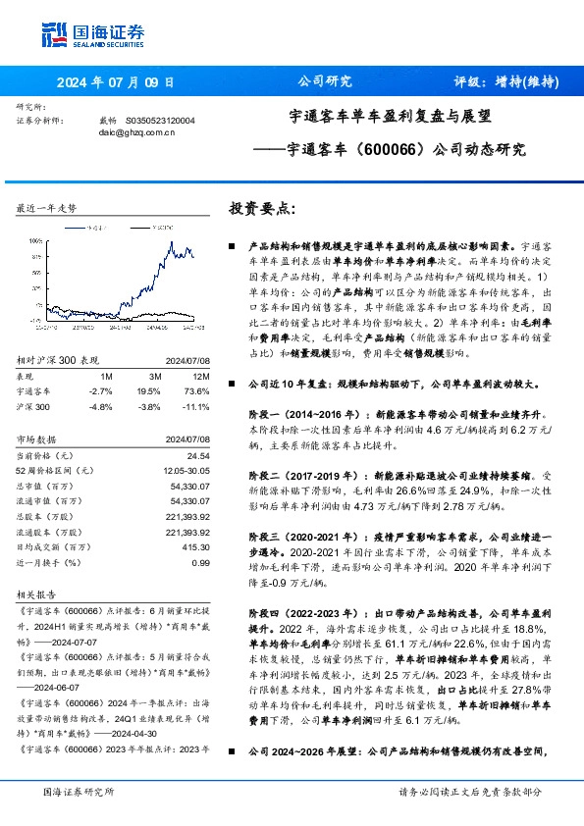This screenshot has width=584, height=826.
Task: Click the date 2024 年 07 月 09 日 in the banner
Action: tap(116, 81)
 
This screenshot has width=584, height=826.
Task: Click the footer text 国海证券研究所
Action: tap(80, 791)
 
